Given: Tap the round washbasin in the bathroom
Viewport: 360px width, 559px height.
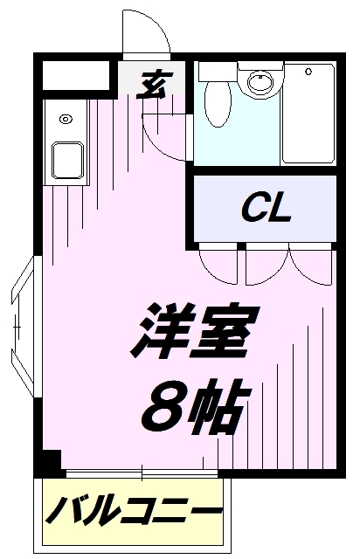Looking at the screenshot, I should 260,83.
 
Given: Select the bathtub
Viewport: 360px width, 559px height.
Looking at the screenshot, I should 308,114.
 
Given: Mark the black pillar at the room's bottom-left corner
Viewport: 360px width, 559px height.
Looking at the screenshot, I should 51,460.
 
